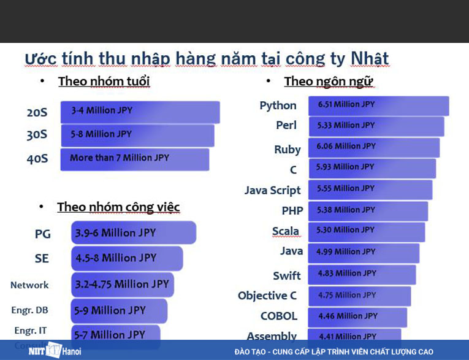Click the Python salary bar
click(x=378, y=105)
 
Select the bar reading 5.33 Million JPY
click(x=376, y=126)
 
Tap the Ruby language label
click(x=287, y=150)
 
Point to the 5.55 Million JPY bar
click(x=370, y=189)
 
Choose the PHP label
click(x=292, y=210)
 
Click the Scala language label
click(x=286, y=231)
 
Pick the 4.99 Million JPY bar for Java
click(x=364, y=252)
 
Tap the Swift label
click(x=287, y=275)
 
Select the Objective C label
click(x=267, y=296)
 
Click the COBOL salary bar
click(x=357, y=316)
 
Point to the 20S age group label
click(x=37, y=112)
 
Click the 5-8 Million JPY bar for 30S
click(x=137, y=135)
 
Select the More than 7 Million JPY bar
click(x=135, y=159)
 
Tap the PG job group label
click(x=43, y=234)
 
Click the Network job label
click(x=29, y=285)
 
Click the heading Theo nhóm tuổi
click(x=104, y=82)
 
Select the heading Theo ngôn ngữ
click(x=329, y=82)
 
